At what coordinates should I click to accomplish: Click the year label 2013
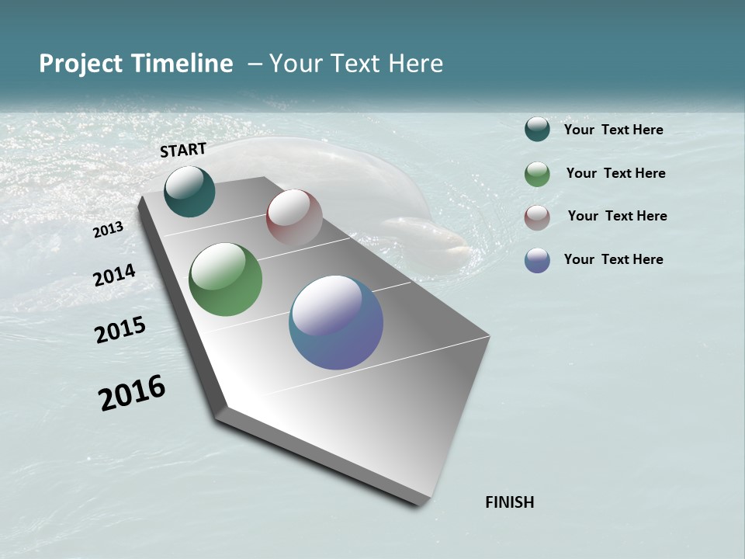click(x=109, y=229)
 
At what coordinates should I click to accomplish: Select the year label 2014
click(x=115, y=276)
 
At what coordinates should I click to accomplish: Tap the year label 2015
click(x=120, y=331)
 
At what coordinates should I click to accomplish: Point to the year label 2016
click(x=132, y=393)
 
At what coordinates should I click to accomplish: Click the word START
click(x=183, y=150)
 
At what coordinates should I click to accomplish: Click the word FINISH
click(x=510, y=502)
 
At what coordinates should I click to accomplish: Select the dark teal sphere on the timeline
click(x=189, y=191)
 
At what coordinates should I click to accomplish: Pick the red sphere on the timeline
click(x=294, y=217)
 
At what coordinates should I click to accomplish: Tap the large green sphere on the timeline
click(x=225, y=279)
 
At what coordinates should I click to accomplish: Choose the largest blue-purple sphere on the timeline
click(x=336, y=322)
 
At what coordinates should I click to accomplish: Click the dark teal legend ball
click(x=537, y=130)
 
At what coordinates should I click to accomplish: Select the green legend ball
click(x=537, y=174)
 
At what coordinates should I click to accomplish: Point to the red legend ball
click(x=537, y=217)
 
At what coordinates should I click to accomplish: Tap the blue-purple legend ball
click(x=537, y=260)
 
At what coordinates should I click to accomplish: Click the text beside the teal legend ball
click(x=614, y=130)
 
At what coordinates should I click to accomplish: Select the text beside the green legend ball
click(x=615, y=173)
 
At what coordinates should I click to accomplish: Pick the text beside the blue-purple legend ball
click(x=614, y=259)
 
